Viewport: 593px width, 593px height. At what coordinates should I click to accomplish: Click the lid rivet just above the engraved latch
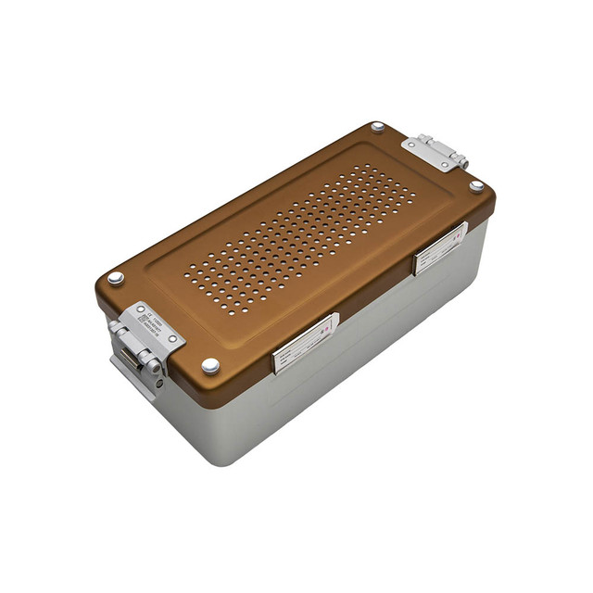pos(115,277)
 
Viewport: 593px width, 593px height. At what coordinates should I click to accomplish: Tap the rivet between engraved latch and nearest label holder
pos(210,365)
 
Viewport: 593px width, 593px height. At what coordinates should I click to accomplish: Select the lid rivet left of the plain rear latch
pos(378,127)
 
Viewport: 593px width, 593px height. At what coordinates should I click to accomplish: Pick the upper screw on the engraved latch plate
pos(140,309)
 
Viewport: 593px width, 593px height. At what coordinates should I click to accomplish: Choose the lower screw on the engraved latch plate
pos(172,339)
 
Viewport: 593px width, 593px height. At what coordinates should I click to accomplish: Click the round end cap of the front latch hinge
pos(154,367)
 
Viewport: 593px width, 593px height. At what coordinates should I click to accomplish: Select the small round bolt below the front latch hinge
pos(159,382)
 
